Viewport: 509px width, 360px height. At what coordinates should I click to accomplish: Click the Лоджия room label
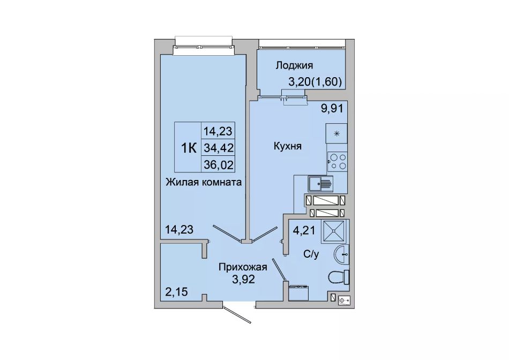[294, 65]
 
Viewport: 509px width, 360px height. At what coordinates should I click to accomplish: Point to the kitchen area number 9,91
[332, 108]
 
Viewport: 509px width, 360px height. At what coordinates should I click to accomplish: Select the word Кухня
[288, 146]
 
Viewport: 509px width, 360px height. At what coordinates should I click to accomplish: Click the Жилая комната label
[204, 182]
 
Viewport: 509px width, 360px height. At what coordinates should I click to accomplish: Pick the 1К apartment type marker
[189, 148]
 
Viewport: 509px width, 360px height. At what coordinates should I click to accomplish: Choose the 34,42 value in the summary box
[219, 148]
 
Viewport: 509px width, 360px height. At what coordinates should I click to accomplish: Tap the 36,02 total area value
[219, 165]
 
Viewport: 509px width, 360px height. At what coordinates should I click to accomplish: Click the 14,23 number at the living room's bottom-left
[179, 229]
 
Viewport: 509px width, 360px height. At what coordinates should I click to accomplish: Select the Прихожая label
[243, 267]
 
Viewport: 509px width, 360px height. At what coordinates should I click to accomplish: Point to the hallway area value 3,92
[243, 279]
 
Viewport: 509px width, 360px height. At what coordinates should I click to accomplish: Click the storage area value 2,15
[176, 292]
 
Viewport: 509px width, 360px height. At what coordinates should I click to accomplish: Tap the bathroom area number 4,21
[304, 230]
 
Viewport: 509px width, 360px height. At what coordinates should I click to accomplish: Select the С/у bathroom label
[311, 254]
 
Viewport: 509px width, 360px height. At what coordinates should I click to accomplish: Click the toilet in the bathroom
[339, 277]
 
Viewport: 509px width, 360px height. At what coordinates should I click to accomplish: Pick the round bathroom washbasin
[341, 254]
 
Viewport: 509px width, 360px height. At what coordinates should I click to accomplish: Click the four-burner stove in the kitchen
[337, 162]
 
